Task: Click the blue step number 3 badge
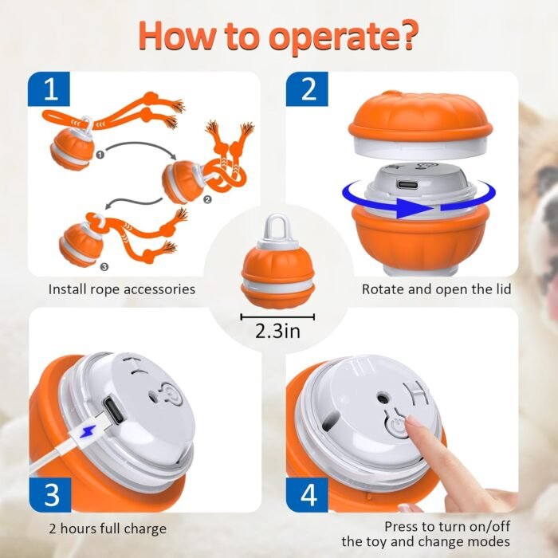coord(52,493)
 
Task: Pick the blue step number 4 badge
coord(308,493)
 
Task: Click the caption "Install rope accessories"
coord(122,289)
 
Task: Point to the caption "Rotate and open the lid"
coord(436,289)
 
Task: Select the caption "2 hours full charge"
coord(108,529)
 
